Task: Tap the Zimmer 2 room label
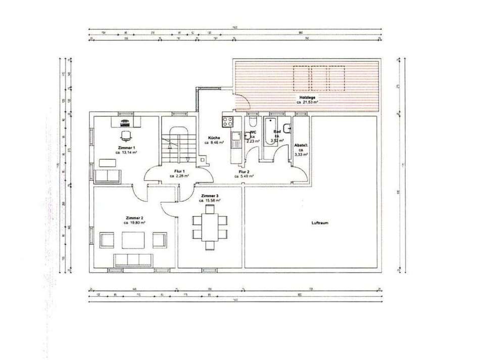(x=135, y=218)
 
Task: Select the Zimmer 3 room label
(x=210, y=196)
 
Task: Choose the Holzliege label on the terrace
(x=308, y=98)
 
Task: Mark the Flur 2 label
(x=246, y=171)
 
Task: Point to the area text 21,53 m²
(x=310, y=102)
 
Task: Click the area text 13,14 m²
(x=126, y=152)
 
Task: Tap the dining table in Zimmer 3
(x=210, y=227)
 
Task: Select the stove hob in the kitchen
(x=227, y=121)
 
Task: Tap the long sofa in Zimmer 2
(x=133, y=260)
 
